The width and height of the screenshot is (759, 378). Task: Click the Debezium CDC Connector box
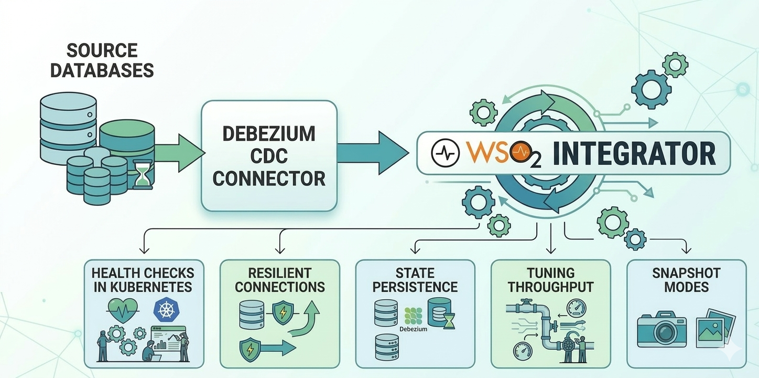pyautogui.click(x=269, y=156)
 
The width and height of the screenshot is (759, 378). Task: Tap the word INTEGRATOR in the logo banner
pyautogui.click(x=634, y=153)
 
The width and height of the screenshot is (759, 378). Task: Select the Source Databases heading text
pyautogui.click(x=102, y=60)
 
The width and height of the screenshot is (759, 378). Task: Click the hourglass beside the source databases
pyautogui.click(x=142, y=174)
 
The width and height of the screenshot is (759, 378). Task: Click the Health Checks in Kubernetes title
pyautogui.click(x=143, y=280)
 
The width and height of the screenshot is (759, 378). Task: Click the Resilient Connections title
pyautogui.click(x=279, y=280)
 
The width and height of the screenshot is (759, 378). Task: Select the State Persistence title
pyautogui.click(x=416, y=280)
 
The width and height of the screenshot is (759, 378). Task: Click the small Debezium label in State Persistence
pyautogui.click(x=413, y=329)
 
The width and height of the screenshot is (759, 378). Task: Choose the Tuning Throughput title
pyautogui.click(x=550, y=280)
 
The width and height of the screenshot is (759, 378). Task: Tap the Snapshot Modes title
pyautogui.click(x=686, y=280)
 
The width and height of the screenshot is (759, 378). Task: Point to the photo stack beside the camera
pyautogui.click(x=715, y=328)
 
